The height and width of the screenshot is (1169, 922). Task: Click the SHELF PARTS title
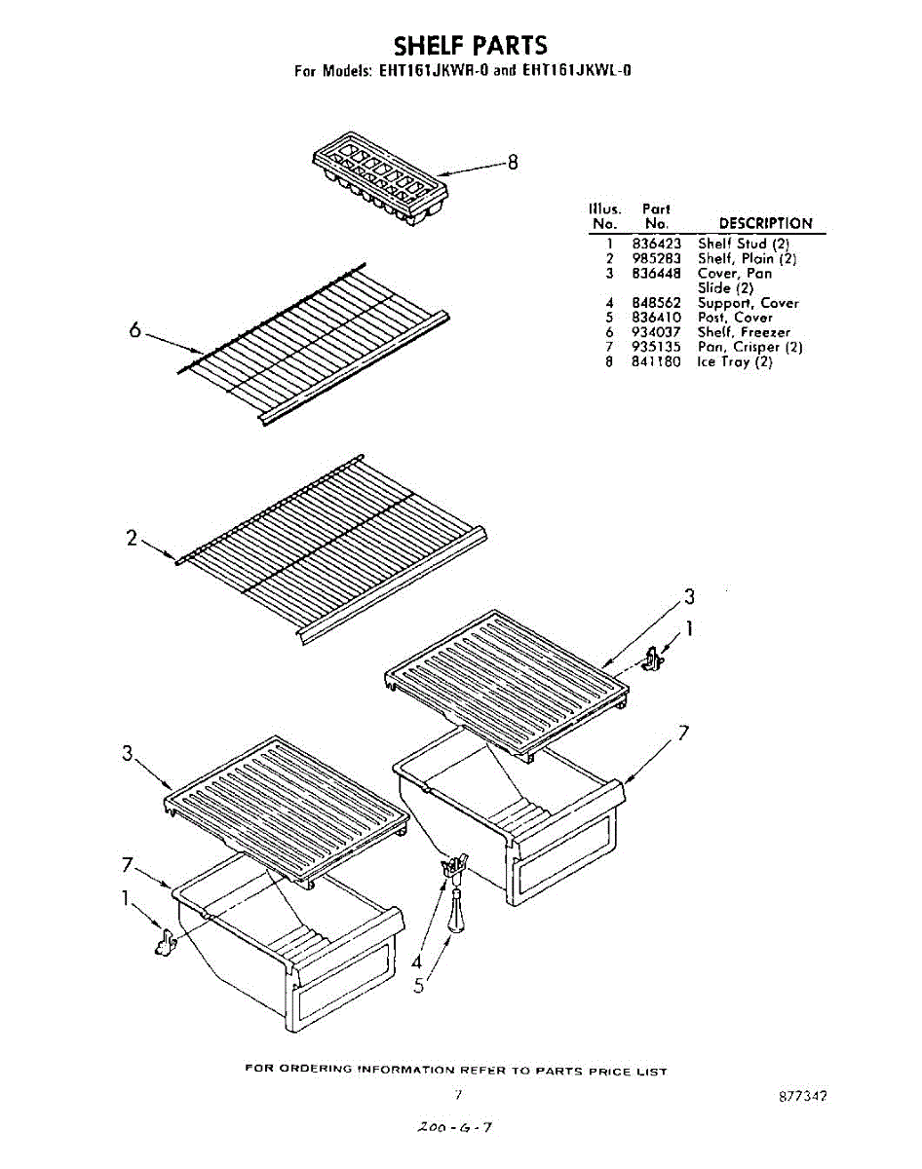coord(470,46)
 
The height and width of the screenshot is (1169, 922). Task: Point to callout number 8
coord(513,162)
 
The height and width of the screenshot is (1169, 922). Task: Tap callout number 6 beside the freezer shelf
coord(135,329)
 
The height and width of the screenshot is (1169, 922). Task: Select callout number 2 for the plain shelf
coord(133,537)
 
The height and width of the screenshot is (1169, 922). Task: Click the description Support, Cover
coord(748,303)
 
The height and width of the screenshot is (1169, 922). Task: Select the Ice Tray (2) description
coord(735,361)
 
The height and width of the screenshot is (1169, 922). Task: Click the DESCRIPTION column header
coord(765,223)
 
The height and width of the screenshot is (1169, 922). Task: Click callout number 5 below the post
coord(418,986)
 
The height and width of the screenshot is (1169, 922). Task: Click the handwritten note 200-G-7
coord(454,1127)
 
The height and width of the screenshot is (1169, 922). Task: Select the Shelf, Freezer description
coord(744,332)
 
